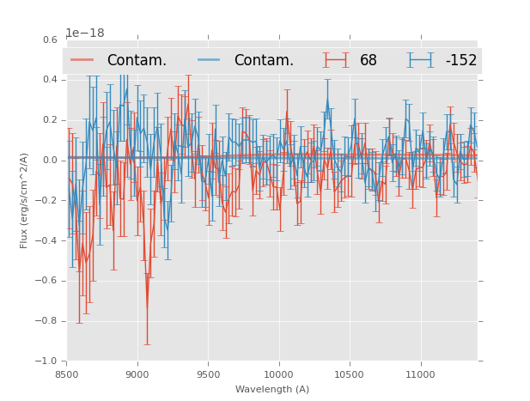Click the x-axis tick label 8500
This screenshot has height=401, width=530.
coord(67,374)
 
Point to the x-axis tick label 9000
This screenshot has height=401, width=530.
coord(137,374)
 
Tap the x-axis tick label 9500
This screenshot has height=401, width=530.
coord(208,374)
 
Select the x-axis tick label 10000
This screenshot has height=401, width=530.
coord(278,374)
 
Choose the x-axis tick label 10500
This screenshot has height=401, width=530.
coord(349,374)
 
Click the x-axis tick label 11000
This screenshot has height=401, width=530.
coord(420,374)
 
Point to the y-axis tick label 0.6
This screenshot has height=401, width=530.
coord(50,39)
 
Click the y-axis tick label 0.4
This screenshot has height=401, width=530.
coord(50,80)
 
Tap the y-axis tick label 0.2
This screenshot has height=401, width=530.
coord(50,120)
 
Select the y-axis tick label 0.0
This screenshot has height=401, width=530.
coord(50,161)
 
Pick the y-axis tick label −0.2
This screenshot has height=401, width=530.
coord(48,201)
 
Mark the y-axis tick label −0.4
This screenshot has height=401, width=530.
coord(48,241)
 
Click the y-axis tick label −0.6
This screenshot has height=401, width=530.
coord(48,281)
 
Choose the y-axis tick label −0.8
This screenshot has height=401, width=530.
coord(48,321)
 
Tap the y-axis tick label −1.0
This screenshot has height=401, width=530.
coord(48,362)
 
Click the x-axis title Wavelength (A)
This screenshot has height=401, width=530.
coord(272,390)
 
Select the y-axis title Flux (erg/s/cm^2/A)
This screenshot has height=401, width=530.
coord(25,200)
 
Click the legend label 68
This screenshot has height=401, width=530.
coord(369,61)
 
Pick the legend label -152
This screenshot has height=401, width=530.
coord(460,61)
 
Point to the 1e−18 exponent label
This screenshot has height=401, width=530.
coord(85,33)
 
